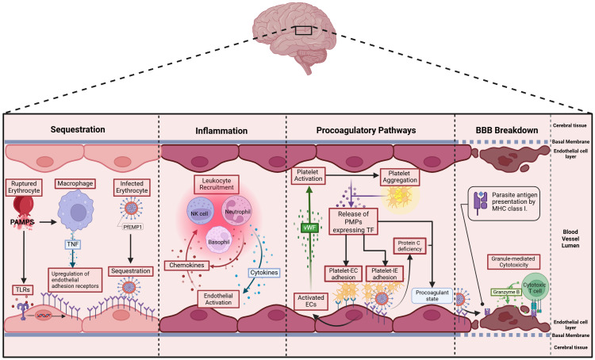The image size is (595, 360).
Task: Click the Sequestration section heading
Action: coord(78,129)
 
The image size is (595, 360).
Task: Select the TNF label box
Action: coord(72,244)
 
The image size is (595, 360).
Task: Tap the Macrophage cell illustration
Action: coord(76,211)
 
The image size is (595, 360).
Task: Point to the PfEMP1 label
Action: coord(132,228)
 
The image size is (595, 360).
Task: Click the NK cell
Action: coord(201,213)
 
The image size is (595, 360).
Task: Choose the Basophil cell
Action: coord(219,239)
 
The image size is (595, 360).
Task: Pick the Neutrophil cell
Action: coord(236,211)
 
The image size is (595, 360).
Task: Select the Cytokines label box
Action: coord(264,272)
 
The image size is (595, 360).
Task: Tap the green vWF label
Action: coord(309,228)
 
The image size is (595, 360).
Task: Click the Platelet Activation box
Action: coord(308,175)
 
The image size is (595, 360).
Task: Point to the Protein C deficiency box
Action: coord(410,246)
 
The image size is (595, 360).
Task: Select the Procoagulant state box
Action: coord(432,296)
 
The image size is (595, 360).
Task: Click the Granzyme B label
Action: coord(505,292)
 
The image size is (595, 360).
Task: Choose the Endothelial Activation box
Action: coord(218,299)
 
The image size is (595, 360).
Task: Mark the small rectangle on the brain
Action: coord(304,30)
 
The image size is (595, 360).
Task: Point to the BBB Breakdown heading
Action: coord(507,130)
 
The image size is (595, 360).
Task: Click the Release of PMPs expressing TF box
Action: coord(353,220)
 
